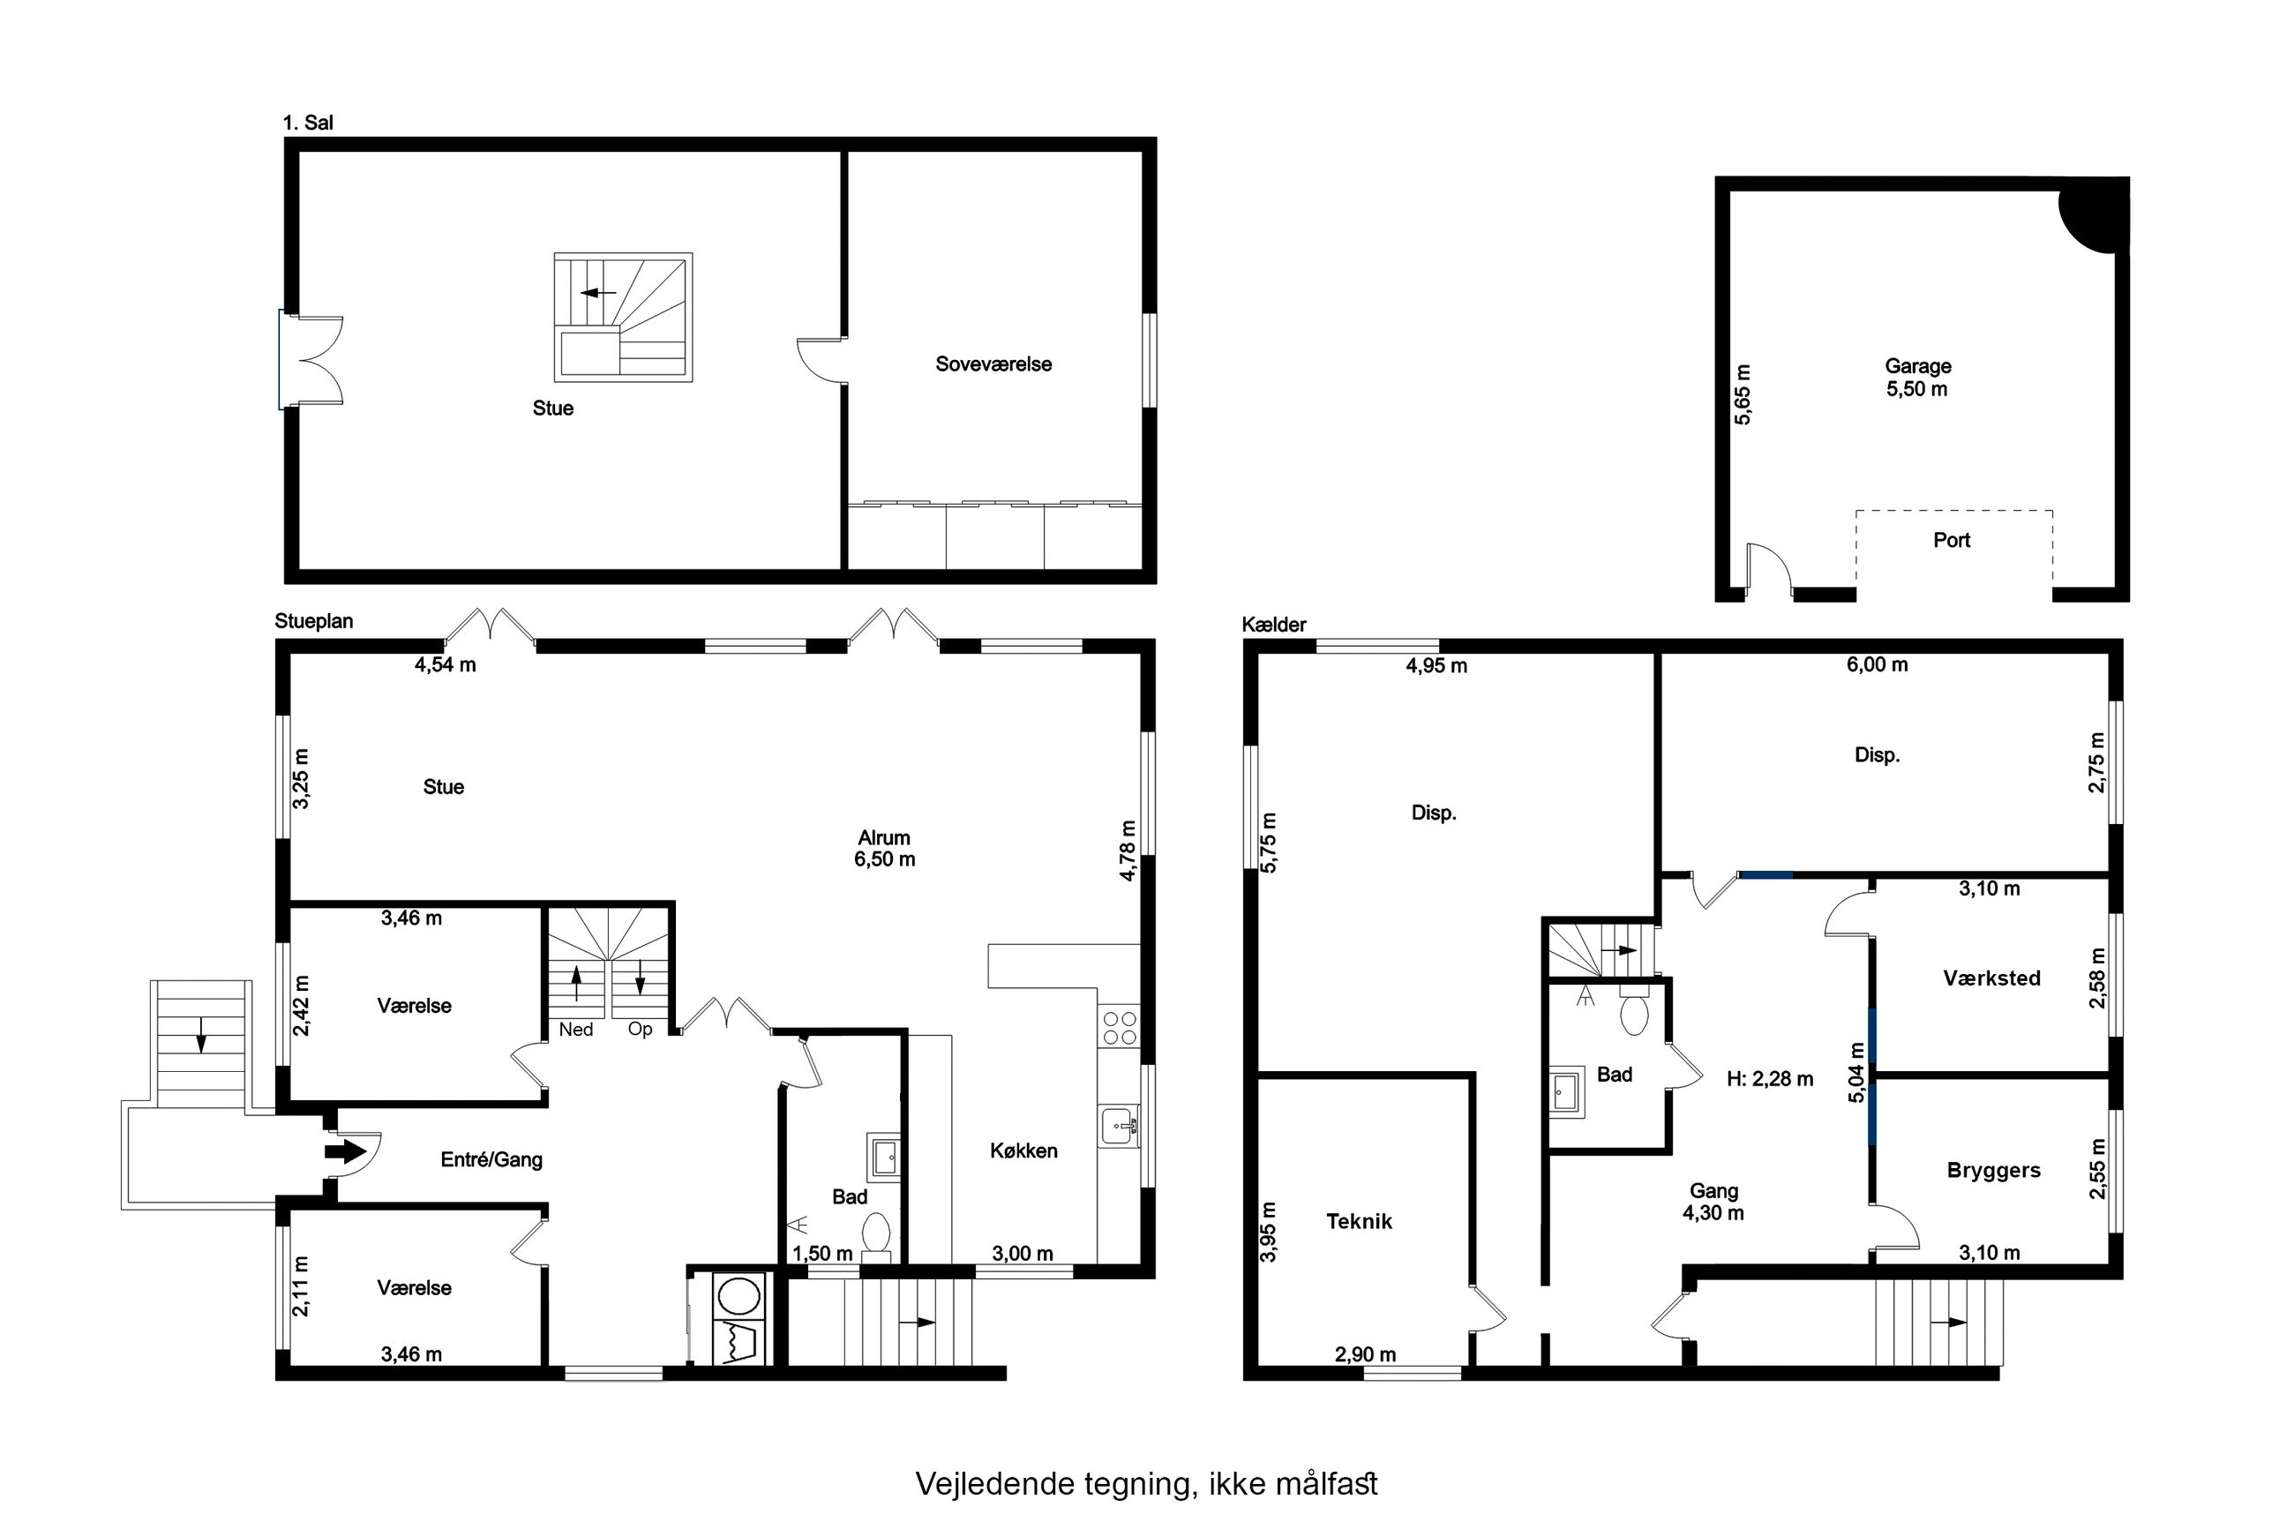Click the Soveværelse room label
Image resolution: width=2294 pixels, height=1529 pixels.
(x=993, y=364)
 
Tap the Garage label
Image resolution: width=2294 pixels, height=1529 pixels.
(x=1917, y=367)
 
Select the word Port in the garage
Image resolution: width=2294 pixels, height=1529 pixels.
(x=1952, y=540)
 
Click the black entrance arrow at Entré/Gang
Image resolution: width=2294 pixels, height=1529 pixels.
(x=341, y=1151)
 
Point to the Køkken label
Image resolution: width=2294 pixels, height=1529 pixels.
(x=1023, y=1150)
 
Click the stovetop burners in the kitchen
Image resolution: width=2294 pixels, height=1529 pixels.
(x=1118, y=1028)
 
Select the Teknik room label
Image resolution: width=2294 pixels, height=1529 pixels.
(x=1359, y=1221)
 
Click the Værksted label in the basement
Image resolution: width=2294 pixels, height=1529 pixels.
(x=1991, y=978)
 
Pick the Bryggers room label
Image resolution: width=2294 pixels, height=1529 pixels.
(x=1994, y=1170)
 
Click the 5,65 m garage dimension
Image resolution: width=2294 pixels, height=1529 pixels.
(x=1743, y=394)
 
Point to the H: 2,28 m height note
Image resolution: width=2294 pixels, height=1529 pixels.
(x=1770, y=1078)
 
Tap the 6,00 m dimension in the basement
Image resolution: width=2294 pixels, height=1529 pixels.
(x=1877, y=665)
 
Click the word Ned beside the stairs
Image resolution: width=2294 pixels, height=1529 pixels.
(x=575, y=1030)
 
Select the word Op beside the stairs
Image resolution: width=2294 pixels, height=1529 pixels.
(x=640, y=1030)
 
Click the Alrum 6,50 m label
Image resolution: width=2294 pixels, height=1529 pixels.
(x=885, y=849)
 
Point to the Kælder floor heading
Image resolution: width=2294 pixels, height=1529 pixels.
(x=1273, y=625)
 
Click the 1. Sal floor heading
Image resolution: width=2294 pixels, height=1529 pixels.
(x=308, y=123)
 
